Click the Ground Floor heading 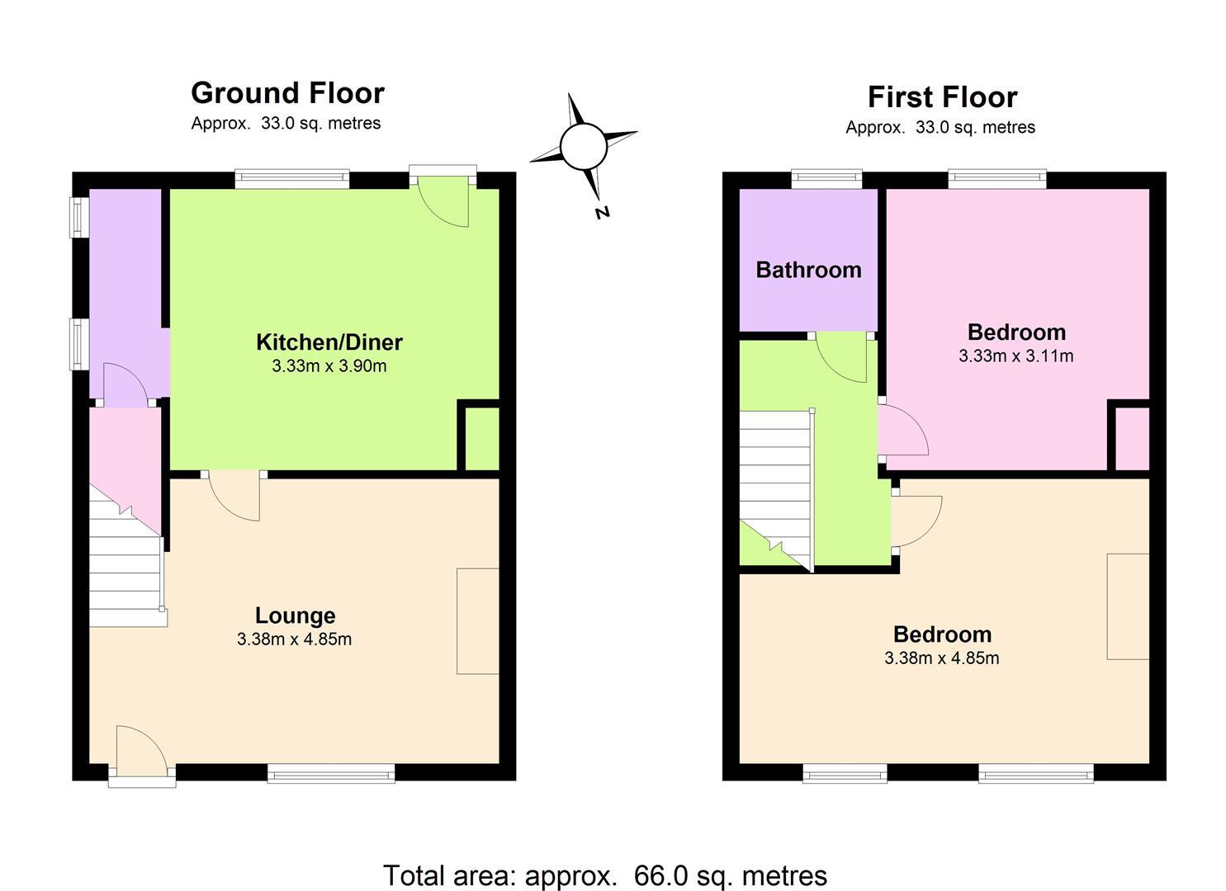(287, 93)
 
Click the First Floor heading (943, 97)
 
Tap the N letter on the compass (603, 213)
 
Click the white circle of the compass (584, 146)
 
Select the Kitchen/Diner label (329, 342)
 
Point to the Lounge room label (295, 616)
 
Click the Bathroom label (809, 271)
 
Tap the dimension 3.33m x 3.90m (329, 366)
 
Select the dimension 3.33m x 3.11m (1015, 356)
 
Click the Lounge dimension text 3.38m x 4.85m (295, 639)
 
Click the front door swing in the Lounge (142, 750)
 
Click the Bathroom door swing (841, 357)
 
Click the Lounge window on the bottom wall (331, 773)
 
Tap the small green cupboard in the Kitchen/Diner (481, 439)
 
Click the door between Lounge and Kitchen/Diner (234, 496)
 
